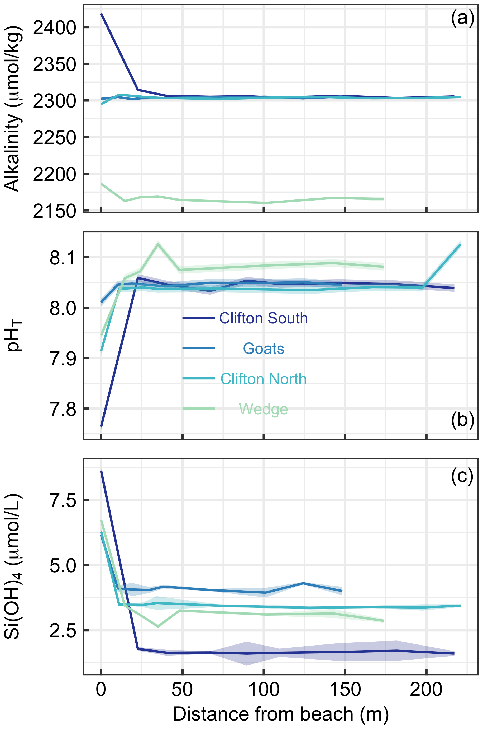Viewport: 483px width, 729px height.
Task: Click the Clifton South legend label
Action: pos(263,318)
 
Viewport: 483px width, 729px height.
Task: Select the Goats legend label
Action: pos(263,349)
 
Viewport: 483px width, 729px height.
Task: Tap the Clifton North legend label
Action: pos(263,379)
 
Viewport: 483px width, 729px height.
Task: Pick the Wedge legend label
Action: pos(263,409)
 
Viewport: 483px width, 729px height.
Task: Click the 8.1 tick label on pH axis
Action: pos(63,258)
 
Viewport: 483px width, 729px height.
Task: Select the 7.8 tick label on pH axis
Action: pos(63,409)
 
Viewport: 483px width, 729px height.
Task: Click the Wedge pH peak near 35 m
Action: pos(158,244)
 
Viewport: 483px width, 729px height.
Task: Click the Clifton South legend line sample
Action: pos(199,318)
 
